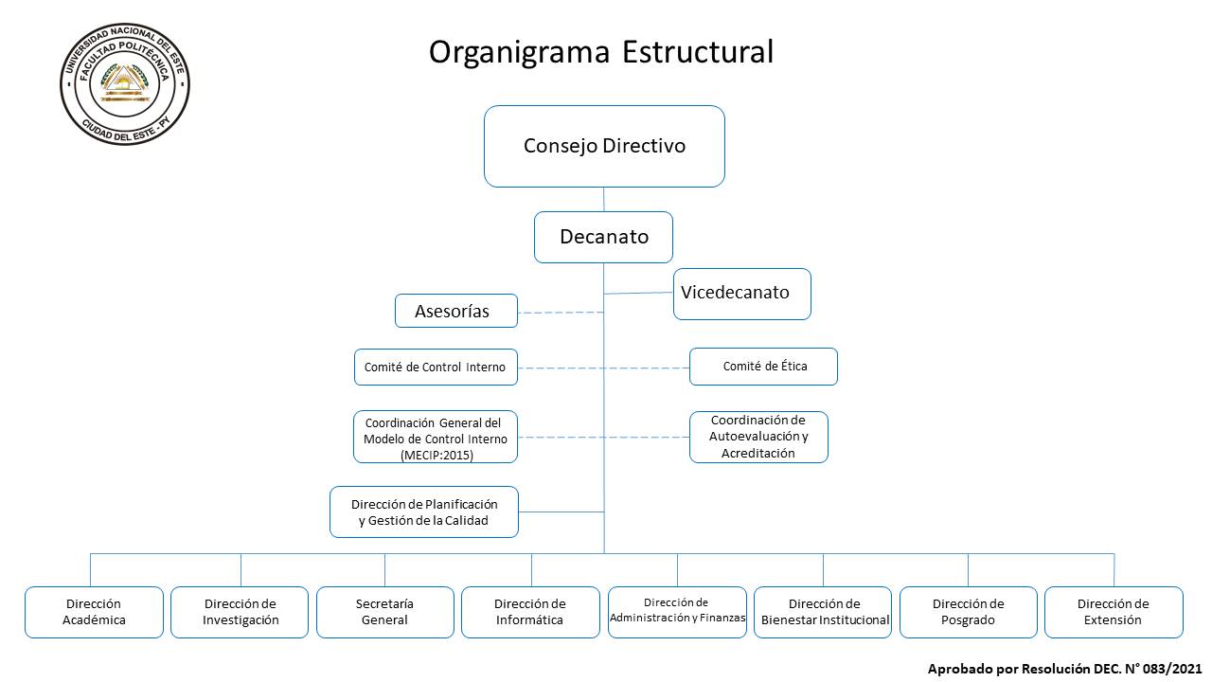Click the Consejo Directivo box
click(x=604, y=146)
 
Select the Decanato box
click(x=603, y=237)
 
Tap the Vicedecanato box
click(x=741, y=294)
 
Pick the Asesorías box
click(x=456, y=311)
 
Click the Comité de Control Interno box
click(x=436, y=367)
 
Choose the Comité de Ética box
click(x=763, y=367)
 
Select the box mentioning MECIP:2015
click(x=436, y=437)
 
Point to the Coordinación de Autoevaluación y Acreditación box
click(x=758, y=437)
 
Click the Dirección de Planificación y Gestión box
click(x=424, y=512)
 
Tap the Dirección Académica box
click(x=94, y=612)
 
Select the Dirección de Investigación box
click(x=240, y=612)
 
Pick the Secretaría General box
click(x=385, y=612)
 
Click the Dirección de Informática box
click(x=530, y=612)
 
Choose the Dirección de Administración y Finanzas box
click(x=677, y=612)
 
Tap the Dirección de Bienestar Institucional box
click(x=823, y=612)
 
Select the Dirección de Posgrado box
click(x=969, y=612)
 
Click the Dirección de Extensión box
click(x=1114, y=612)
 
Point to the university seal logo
click(x=125, y=84)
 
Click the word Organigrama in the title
click(x=520, y=53)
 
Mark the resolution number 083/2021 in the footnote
click(x=1172, y=669)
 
